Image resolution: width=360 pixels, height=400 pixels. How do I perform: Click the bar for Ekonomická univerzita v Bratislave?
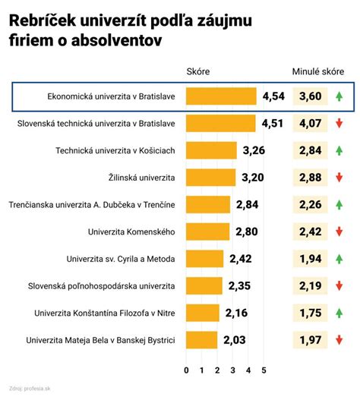[x=221, y=97]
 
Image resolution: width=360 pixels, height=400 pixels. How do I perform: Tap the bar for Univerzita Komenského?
[x=207, y=231]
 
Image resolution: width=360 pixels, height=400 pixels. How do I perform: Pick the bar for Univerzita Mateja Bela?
[x=201, y=340]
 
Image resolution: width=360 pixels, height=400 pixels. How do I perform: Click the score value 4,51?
[x=273, y=124]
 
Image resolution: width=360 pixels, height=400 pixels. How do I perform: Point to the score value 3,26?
[x=254, y=151]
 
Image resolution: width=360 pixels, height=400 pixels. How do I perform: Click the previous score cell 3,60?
[x=311, y=97]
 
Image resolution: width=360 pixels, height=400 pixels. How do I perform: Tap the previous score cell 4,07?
[x=311, y=124]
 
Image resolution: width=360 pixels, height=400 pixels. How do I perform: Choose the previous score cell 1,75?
[x=311, y=313]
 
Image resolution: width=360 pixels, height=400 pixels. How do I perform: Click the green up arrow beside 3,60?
[x=339, y=97]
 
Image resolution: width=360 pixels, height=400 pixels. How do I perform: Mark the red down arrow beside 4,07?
[x=339, y=124]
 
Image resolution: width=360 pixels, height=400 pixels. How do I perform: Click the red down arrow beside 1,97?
[x=339, y=340]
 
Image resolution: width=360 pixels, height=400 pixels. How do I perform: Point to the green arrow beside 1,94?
[x=339, y=259]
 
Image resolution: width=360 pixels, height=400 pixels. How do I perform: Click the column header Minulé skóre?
[x=317, y=71]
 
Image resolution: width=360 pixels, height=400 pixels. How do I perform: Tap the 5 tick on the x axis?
[x=264, y=370]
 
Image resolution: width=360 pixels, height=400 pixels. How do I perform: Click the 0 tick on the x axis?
[x=186, y=370]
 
